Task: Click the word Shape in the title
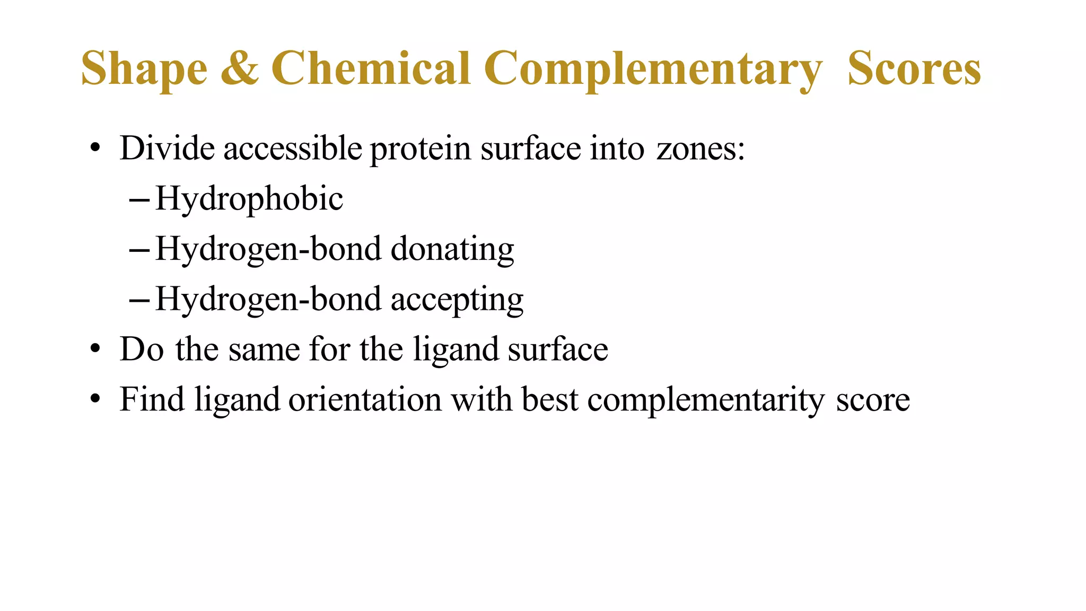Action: coord(144,69)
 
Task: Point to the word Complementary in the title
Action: coord(653,69)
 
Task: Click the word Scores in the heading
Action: coord(914,69)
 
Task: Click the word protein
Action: coord(421,149)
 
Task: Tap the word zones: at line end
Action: coord(700,149)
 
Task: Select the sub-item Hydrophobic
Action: coord(249,199)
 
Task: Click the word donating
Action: coord(452,249)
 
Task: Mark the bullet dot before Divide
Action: coord(95,149)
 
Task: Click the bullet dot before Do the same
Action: coord(95,350)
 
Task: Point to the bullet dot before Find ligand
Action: coord(95,399)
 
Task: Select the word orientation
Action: coord(365,399)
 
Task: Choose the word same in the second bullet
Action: coord(264,350)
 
